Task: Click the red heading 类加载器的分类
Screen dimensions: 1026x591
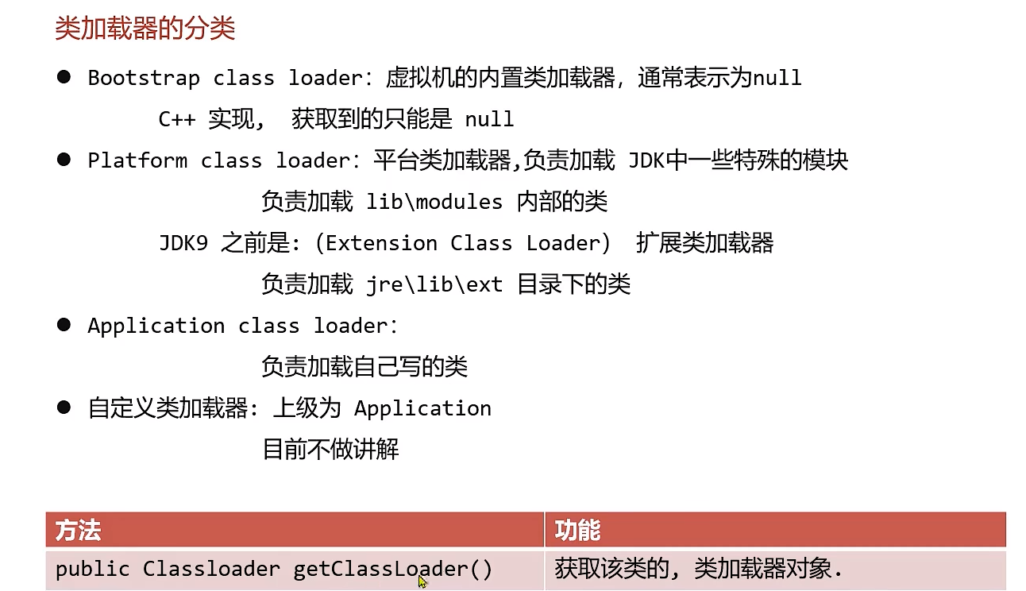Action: tap(145, 29)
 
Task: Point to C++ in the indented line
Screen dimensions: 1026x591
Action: tap(177, 119)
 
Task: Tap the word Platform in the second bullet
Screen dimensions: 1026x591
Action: tap(137, 160)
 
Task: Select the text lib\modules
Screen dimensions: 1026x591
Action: tap(434, 202)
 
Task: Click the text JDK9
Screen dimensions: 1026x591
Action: tap(183, 243)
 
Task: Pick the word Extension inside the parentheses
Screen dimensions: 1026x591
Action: tap(381, 243)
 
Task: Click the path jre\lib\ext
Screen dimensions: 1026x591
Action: tap(434, 284)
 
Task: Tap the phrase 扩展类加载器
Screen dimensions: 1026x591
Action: tap(704, 243)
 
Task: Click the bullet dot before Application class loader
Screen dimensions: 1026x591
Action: tap(64, 325)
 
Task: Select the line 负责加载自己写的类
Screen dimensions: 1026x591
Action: tap(364, 367)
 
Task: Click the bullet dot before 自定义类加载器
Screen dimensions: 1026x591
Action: tap(64, 408)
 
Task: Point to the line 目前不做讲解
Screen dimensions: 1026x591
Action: tap(330, 450)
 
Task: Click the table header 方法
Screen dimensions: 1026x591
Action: tap(78, 530)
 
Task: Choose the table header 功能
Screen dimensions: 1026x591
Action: tap(577, 530)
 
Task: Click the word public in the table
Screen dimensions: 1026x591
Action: tap(92, 569)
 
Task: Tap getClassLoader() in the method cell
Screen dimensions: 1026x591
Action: tap(393, 569)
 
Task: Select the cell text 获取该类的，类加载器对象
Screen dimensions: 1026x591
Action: tap(697, 569)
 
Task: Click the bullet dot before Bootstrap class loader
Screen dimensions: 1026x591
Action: tap(64, 77)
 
